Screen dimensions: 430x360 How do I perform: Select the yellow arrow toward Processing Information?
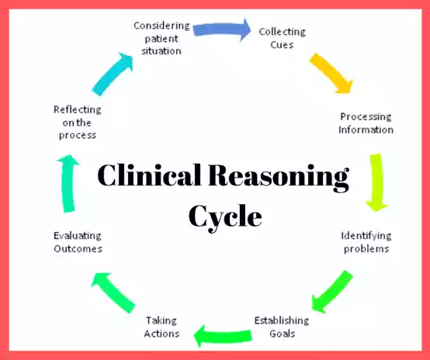[331, 73]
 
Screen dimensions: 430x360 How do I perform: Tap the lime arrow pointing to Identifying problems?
[376, 182]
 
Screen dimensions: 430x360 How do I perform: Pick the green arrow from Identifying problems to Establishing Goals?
[332, 292]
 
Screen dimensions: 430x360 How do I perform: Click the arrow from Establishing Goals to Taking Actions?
[223, 336]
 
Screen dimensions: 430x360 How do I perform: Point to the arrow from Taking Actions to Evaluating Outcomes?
[113, 292]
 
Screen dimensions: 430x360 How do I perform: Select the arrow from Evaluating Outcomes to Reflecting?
[68, 183]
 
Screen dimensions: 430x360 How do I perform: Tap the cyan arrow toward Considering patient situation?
[113, 74]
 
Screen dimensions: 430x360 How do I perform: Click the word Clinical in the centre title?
[149, 175]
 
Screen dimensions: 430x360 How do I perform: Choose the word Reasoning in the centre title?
[279, 178]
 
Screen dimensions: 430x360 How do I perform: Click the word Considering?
[161, 26]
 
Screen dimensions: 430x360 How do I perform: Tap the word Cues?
[282, 45]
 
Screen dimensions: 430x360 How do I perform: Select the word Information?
[366, 130]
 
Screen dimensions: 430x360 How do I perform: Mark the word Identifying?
[366, 236]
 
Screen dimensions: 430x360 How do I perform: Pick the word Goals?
[283, 334]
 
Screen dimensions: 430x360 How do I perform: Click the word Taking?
[161, 320]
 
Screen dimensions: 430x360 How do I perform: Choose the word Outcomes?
[78, 249]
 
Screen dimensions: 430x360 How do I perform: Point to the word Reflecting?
[78, 110]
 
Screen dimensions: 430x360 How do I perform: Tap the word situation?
[161, 51]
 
